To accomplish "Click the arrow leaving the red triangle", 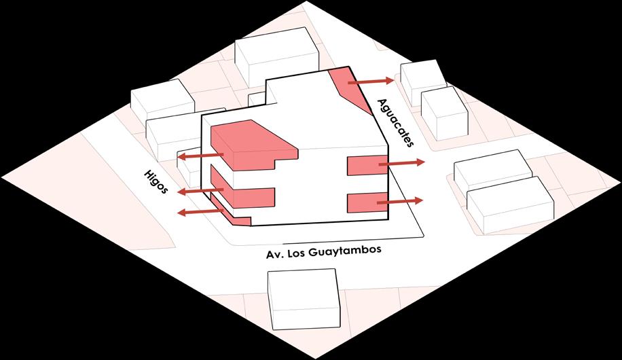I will click(x=370, y=82).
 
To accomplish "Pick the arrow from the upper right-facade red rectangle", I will click(x=401, y=163).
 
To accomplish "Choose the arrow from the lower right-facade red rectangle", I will click(x=399, y=201).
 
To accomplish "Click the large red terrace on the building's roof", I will click(x=251, y=144).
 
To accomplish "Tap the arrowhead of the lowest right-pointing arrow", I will click(x=420, y=200).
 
